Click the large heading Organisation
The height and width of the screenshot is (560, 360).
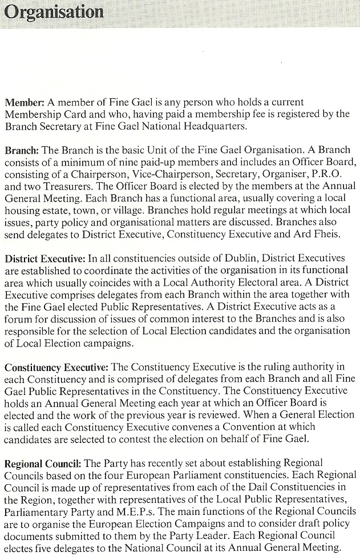55,13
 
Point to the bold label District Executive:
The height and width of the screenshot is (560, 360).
45,258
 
